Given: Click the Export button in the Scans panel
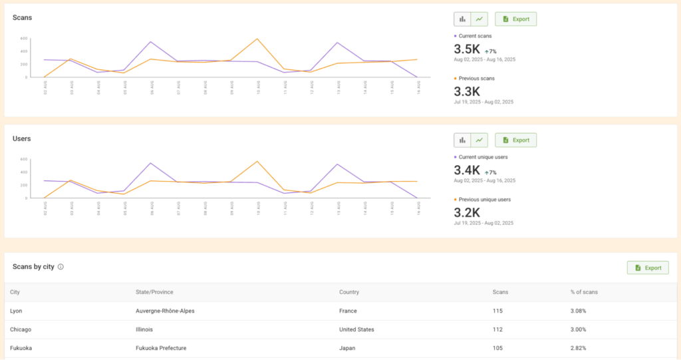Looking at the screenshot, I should [515, 19].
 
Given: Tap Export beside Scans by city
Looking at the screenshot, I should [648, 268].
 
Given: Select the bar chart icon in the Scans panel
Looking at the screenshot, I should [462, 19].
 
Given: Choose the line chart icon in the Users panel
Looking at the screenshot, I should [479, 140].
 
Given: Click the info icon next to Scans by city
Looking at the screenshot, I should [61, 267].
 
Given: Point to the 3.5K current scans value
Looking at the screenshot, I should [467, 49].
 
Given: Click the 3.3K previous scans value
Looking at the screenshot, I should [467, 92].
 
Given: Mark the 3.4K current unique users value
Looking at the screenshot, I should [467, 170].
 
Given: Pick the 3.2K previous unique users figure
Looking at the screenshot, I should [467, 213].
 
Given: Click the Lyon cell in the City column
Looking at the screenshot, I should [17, 311].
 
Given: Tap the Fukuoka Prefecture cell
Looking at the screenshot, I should [162, 348].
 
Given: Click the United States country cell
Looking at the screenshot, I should [356, 329].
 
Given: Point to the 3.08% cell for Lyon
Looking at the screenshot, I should [578, 311].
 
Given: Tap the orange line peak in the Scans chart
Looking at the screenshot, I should [257, 39].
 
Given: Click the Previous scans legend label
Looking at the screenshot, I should [477, 78].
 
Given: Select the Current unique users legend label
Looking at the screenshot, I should [483, 156].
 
